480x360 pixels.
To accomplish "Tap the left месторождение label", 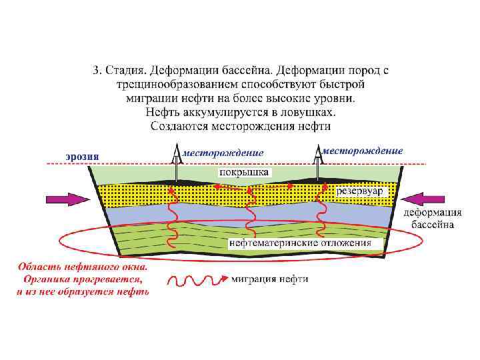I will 223,153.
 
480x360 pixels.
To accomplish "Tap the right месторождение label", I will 363,151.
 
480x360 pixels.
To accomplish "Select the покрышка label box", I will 243,172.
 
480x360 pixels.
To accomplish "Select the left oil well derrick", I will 177,161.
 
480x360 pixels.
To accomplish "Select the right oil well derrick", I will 317,160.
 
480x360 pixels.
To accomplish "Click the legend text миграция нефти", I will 270,279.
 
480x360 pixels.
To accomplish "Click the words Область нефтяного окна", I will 82,266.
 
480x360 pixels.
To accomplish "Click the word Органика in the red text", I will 47,279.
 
